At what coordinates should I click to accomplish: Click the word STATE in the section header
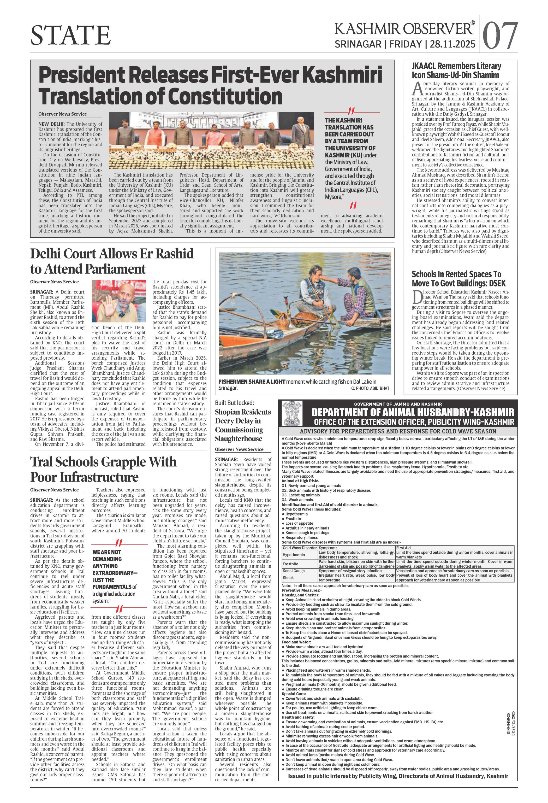(x=71, y=35)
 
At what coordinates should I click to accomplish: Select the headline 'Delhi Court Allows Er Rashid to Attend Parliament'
(x=112, y=261)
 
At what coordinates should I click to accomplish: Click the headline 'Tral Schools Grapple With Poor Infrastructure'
(x=103, y=469)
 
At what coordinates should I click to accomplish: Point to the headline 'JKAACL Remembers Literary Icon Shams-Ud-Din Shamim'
(x=456, y=70)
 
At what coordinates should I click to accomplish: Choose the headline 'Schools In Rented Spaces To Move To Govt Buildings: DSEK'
(x=458, y=278)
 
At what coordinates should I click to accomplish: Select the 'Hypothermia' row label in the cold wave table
(x=294, y=555)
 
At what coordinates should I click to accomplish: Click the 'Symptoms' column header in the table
(x=328, y=548)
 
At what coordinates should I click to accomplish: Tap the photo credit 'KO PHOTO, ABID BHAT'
(x=370, y=388)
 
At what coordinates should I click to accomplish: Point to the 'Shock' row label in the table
(x=288, y=577)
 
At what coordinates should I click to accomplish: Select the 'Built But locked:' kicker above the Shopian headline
(x=234, y=403)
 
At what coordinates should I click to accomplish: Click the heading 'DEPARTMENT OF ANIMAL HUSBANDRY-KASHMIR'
(x=413, y=412)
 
